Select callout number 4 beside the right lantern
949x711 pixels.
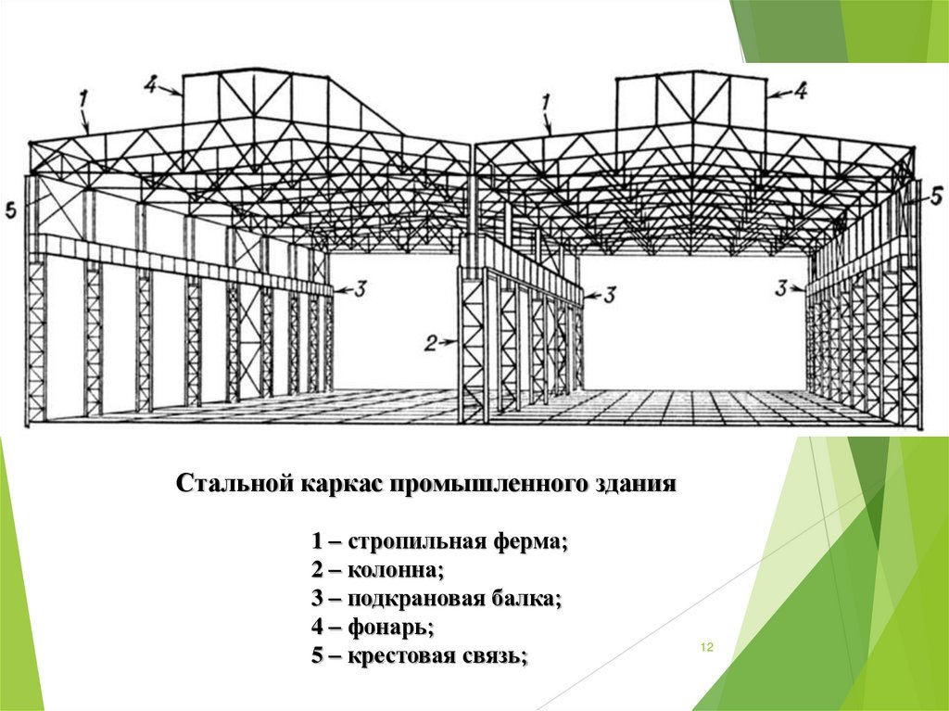coord(800,91)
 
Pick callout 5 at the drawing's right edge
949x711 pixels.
coord(936,196)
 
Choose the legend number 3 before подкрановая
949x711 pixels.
coord(317,599)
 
